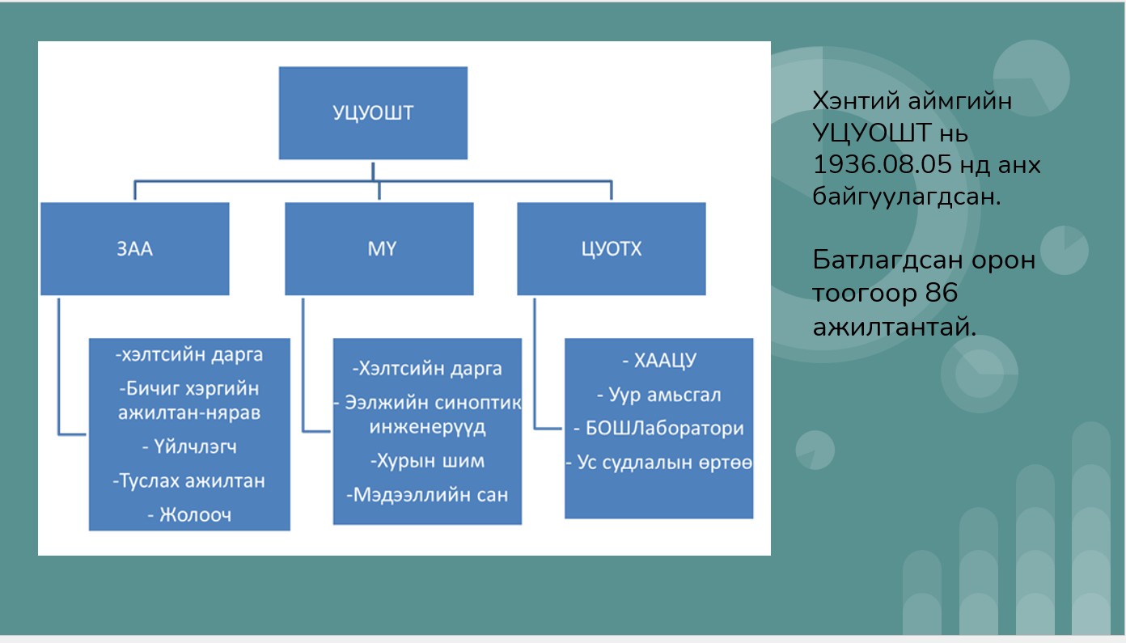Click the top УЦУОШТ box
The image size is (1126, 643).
373,113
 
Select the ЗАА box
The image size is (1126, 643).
135,249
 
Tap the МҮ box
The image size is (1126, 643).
379,249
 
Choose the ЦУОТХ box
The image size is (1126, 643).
612,249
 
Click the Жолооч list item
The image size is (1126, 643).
189,514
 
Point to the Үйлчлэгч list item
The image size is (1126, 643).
189,446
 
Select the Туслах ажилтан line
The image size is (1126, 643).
189,481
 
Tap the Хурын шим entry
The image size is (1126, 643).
427,461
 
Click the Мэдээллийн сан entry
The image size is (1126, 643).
427,495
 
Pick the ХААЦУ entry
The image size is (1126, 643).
659,361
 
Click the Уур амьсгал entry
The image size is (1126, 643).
659,395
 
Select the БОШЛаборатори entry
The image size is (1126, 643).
659,429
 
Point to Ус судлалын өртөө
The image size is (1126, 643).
659,463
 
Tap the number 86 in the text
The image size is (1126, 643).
941,293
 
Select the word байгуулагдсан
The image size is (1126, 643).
906,196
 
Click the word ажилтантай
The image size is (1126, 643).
895,327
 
